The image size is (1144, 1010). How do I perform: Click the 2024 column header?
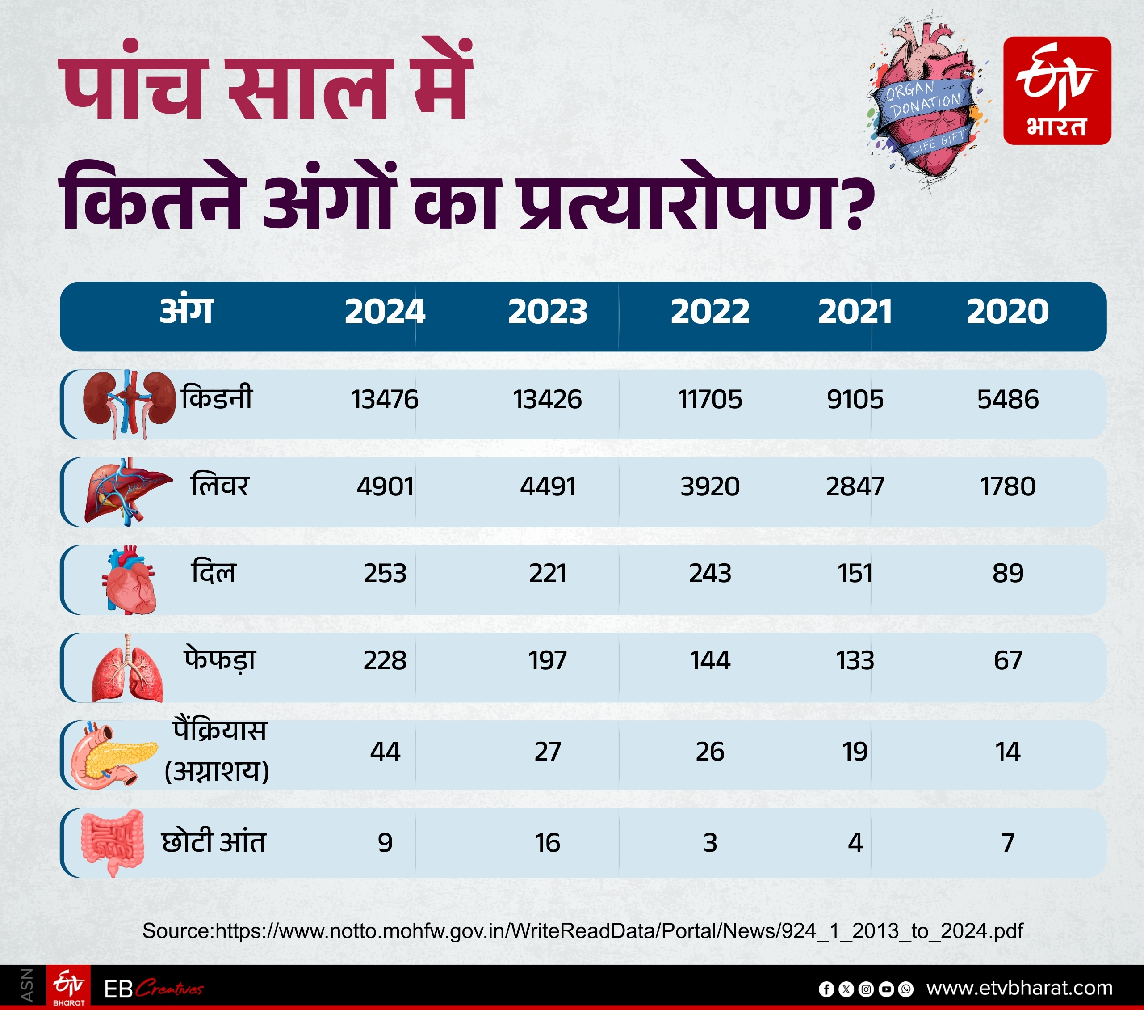click(385, 312)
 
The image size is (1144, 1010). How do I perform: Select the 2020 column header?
click(1007, 312)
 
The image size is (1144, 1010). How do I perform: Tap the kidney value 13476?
click(385, 399)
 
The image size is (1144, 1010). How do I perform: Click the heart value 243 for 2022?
click(710, 573)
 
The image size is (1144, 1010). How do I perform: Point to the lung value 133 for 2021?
click(855, 660)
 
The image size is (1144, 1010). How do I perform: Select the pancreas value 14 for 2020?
click(1007, 752)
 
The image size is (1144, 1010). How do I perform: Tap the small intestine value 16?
click(547, 842)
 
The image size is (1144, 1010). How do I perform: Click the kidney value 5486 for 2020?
click(1007, 399)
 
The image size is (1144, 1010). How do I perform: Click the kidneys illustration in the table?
click(129, 403)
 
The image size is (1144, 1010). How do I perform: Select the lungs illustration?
click(128, 669)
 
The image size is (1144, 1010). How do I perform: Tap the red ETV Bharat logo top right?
click(1057, 91)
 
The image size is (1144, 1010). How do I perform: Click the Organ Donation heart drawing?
click(927, 101)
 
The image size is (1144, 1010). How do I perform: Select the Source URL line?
click(582, 931)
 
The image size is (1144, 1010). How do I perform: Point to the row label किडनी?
click(217, 398)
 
